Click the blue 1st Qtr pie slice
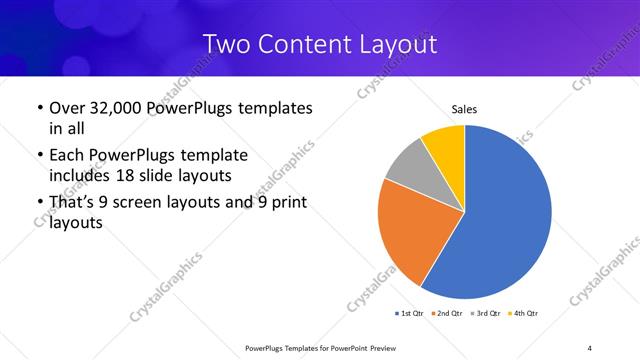pos(510,220)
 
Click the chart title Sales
pos(465,108)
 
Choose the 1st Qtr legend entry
pos(410,313)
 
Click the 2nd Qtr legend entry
pos(447,313)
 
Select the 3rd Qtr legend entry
pos(485,313)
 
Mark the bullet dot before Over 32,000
pos(38,108)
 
